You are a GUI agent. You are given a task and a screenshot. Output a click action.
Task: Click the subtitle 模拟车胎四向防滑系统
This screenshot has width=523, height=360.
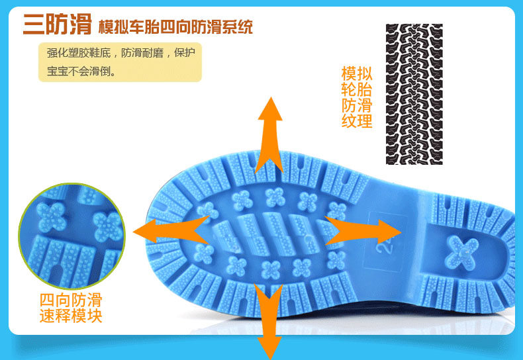(175, 28)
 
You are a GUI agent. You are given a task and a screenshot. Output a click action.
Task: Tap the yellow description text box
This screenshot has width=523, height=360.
(120, 62)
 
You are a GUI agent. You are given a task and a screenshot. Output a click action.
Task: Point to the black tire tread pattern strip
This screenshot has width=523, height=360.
(414, 94)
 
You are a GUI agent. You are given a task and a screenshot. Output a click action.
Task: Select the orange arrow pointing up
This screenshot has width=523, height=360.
(269, 132)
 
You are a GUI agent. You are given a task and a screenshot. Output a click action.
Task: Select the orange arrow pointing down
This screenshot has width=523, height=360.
(269, 318)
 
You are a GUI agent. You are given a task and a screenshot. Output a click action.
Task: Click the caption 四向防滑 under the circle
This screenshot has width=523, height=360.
(71, 300)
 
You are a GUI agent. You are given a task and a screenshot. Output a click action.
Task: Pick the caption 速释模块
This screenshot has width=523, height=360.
(71, 316)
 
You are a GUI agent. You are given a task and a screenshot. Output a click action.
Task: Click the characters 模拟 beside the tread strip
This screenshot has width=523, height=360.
(357, 73)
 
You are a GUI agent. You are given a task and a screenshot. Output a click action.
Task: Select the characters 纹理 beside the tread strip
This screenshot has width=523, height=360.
(357, 121)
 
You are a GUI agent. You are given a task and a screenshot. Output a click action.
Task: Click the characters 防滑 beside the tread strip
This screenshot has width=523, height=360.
(357, 105)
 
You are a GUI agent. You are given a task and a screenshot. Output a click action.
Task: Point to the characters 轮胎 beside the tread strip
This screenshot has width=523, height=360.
(357, 89)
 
